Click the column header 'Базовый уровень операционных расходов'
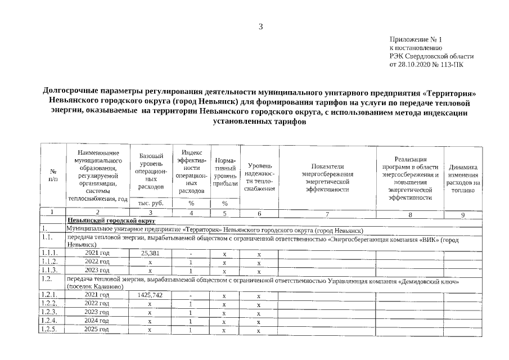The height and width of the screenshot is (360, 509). pos(150,171)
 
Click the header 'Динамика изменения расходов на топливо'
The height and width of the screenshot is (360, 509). pos(463,178)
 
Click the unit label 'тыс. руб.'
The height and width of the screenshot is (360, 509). pos(150,203)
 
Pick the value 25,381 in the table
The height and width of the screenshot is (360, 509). pos(150,254)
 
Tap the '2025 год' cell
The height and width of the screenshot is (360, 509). pos(97,329)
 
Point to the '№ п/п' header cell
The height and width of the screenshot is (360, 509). pos(53,174)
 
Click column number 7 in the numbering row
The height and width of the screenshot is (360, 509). pos(327,213)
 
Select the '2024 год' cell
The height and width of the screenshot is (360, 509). pos(97,321)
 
